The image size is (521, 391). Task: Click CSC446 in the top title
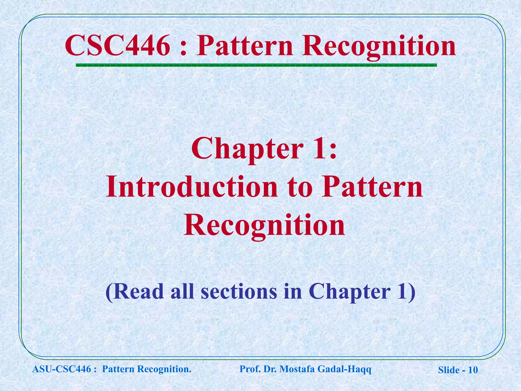[117, 46]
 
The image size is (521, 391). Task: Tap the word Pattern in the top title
[244, 46]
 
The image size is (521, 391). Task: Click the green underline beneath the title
[256, 65]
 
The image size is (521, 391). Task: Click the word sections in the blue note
[239, 291]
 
